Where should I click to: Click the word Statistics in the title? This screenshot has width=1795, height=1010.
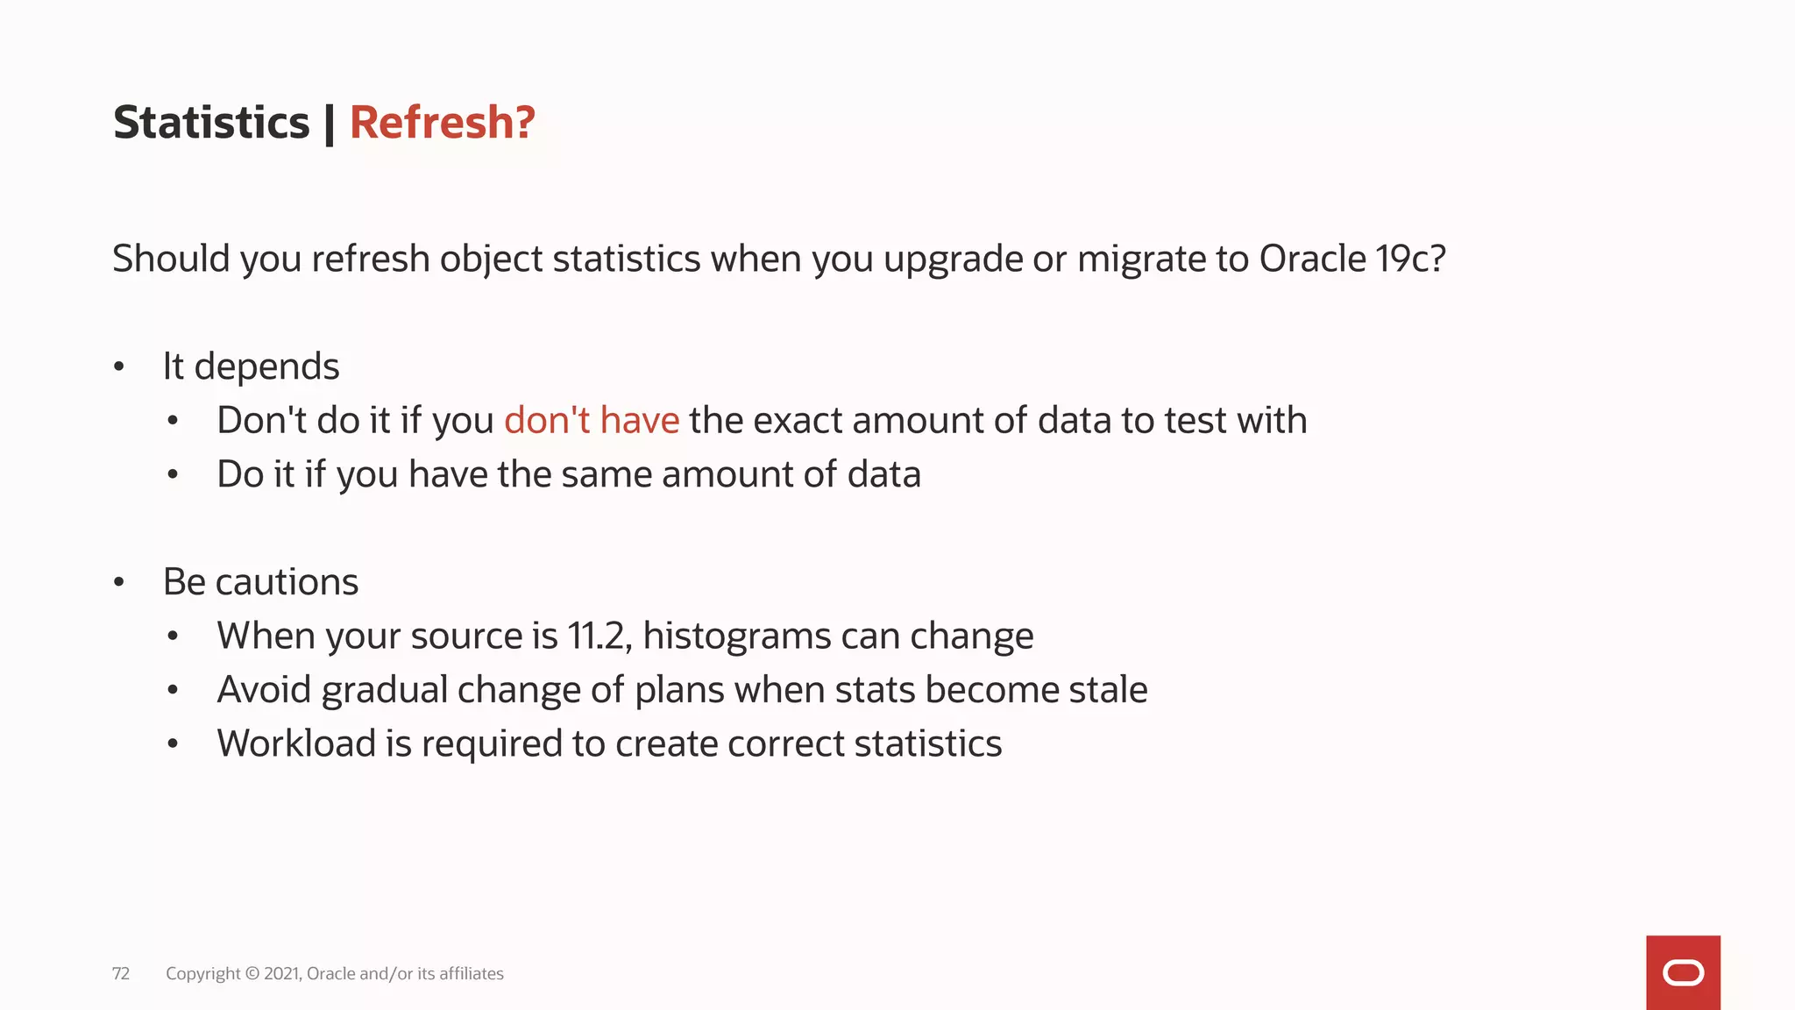tap(211, 123)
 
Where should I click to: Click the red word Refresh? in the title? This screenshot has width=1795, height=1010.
tap(442, 123)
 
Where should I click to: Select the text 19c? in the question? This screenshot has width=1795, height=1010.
tap(1410, 259)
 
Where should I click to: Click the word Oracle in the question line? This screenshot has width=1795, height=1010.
tap(1312, 259)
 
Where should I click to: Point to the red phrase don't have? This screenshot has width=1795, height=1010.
tap(592, 421)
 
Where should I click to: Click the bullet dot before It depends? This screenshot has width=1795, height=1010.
tap(119, 367)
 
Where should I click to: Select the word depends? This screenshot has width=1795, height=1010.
tap(266, 367)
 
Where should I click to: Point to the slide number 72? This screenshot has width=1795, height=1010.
tap(121, 974)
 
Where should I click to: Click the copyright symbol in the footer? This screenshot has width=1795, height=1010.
tap(252, 974)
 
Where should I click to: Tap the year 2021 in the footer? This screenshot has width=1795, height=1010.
tap(282, 974)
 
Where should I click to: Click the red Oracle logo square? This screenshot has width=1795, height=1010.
tap(1683, 972)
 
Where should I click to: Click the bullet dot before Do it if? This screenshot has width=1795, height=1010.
tap(173, 475)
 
